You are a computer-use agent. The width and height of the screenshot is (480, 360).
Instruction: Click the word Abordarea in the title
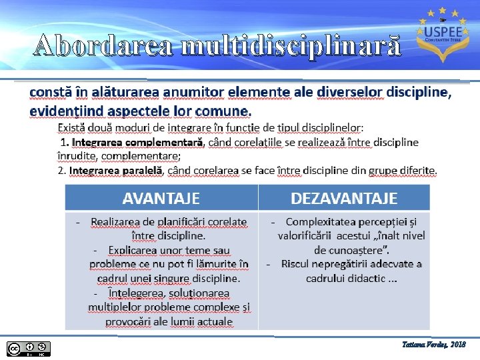click(x=103, y=45)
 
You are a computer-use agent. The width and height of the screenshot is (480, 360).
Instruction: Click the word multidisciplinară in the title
click(x=291, y=45)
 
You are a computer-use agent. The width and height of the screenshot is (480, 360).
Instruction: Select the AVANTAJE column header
click(x=161, y=198)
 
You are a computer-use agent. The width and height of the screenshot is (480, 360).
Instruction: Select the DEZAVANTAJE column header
click(x=344, y=198)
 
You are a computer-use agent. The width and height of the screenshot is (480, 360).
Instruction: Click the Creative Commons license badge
click(x=29, y=348)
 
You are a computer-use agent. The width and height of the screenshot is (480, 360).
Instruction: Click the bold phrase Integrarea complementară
click(x=137, y=142)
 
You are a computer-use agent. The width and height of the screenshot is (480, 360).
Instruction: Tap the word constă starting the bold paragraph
click(x=48, y=92)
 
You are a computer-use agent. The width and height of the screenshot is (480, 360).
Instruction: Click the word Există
click(x=75, y=127)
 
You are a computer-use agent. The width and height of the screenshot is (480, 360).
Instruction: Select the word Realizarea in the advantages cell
click(x=117, y=221)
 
